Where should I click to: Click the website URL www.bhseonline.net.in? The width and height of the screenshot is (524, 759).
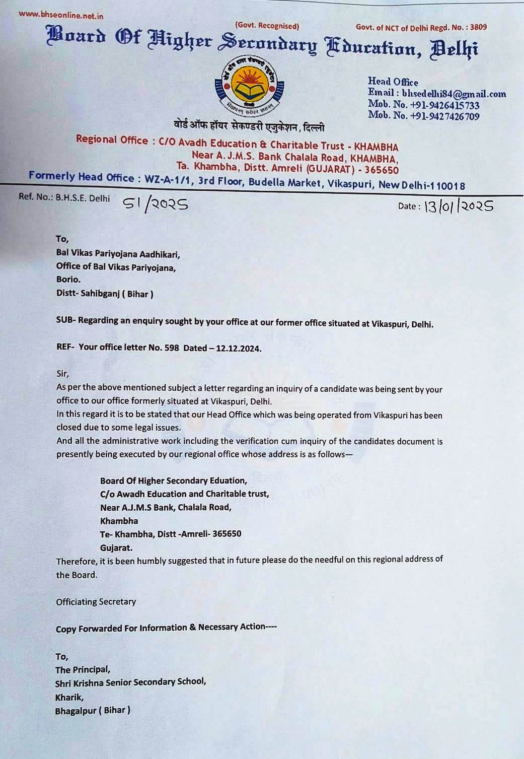tap(61, 15)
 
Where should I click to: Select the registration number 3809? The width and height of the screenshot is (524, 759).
tap(478, 27)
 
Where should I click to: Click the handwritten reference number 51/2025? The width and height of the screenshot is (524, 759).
tap(155, 203)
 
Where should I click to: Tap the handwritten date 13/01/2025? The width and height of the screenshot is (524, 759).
tap(458, 206)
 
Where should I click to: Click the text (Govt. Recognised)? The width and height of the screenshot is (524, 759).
tap(267, 26)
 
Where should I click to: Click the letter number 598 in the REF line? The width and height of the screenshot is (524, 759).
tap(172, 348)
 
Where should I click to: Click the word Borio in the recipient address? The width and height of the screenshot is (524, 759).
tap(67, 280)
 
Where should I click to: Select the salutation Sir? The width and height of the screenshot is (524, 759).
tap(62, 374)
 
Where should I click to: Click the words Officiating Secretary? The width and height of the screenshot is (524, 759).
tap(96, 602)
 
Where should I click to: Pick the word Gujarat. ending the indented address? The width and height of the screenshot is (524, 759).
tap(116, 547)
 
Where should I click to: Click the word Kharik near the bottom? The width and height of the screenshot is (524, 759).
tap(69, 697)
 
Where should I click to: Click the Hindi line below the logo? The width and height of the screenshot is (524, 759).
tap(249, 126)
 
